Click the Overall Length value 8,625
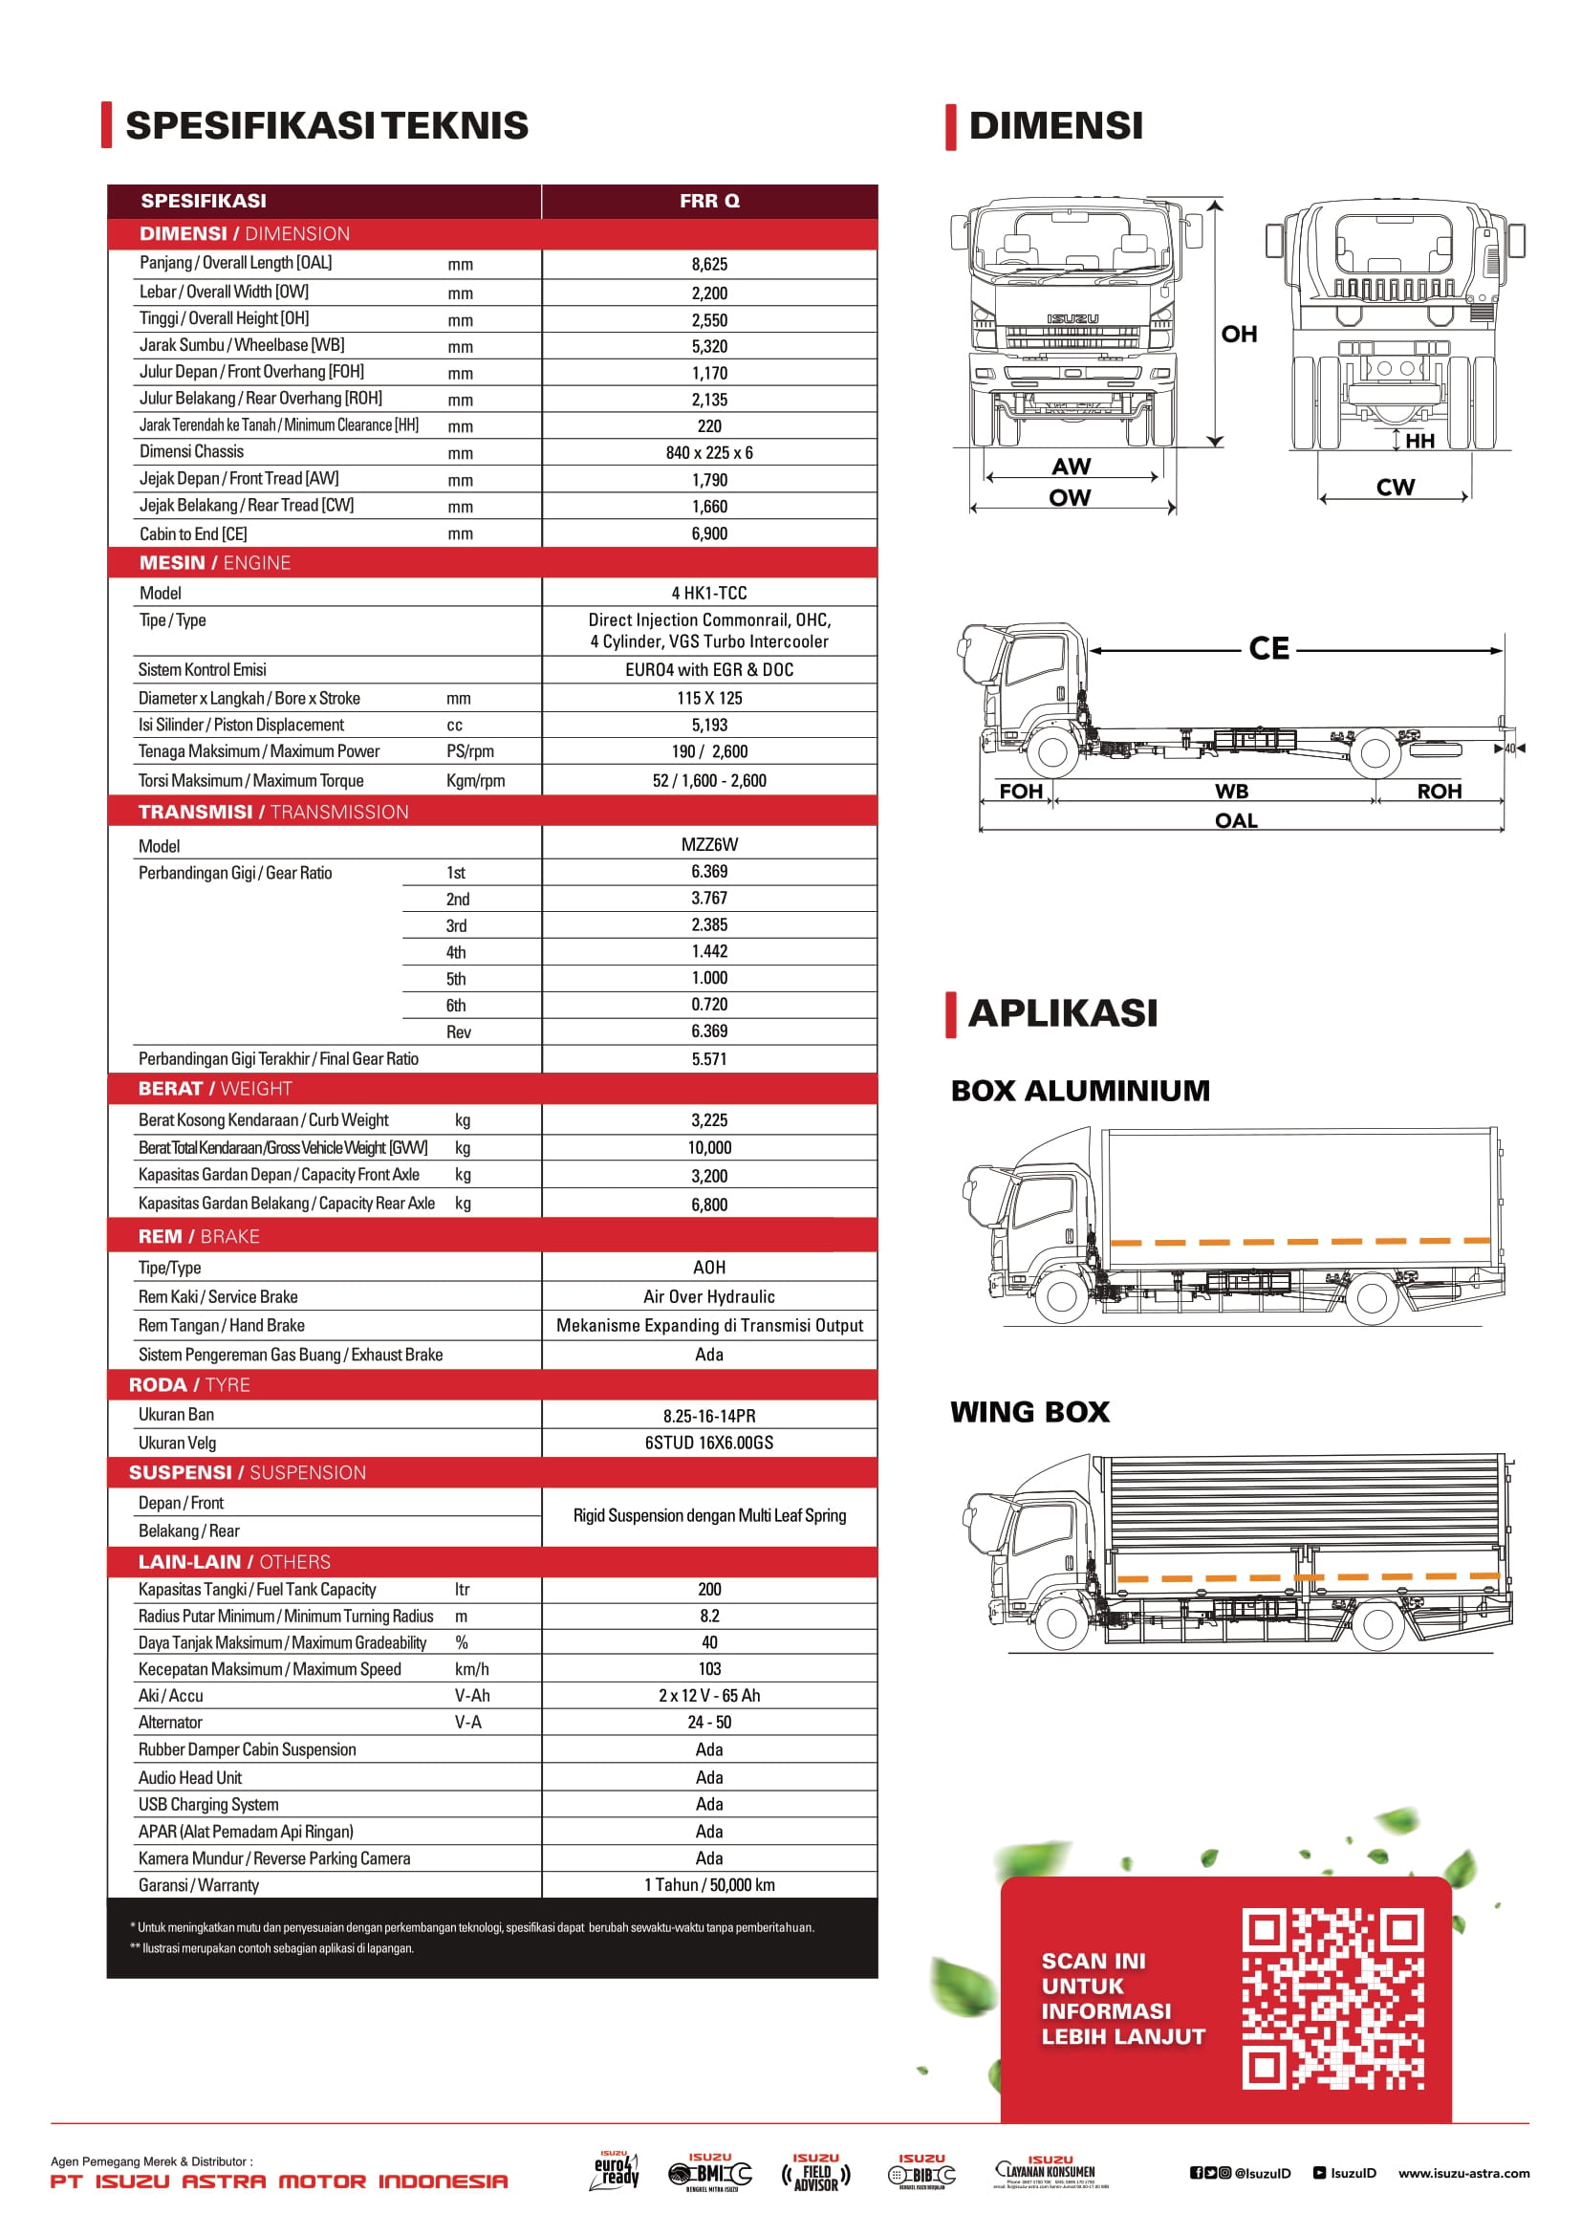click(708, 264)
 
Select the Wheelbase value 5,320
click(708, 347)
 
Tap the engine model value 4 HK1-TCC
click(708, 593)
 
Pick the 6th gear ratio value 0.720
click(708, 1005)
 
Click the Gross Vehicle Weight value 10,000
click(708, 1148)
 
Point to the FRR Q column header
click(708, 201)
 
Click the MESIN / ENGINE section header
click(215, 563)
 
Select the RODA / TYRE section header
click(190, 1385)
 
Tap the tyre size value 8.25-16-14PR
click(708, 1416)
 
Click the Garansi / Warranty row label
click(199, 1885)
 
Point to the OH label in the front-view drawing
click(1240, 334)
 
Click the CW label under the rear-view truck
click(1395, 487)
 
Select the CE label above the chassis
click(1268, 648)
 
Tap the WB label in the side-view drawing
click(1231, 792)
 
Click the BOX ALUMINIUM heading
click(1079, 1091)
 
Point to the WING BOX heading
click(1030, 1412)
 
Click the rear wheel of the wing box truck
click(1377, 1623)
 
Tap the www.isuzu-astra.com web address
click(1463, 2173)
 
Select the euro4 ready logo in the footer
click(616, 2172)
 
